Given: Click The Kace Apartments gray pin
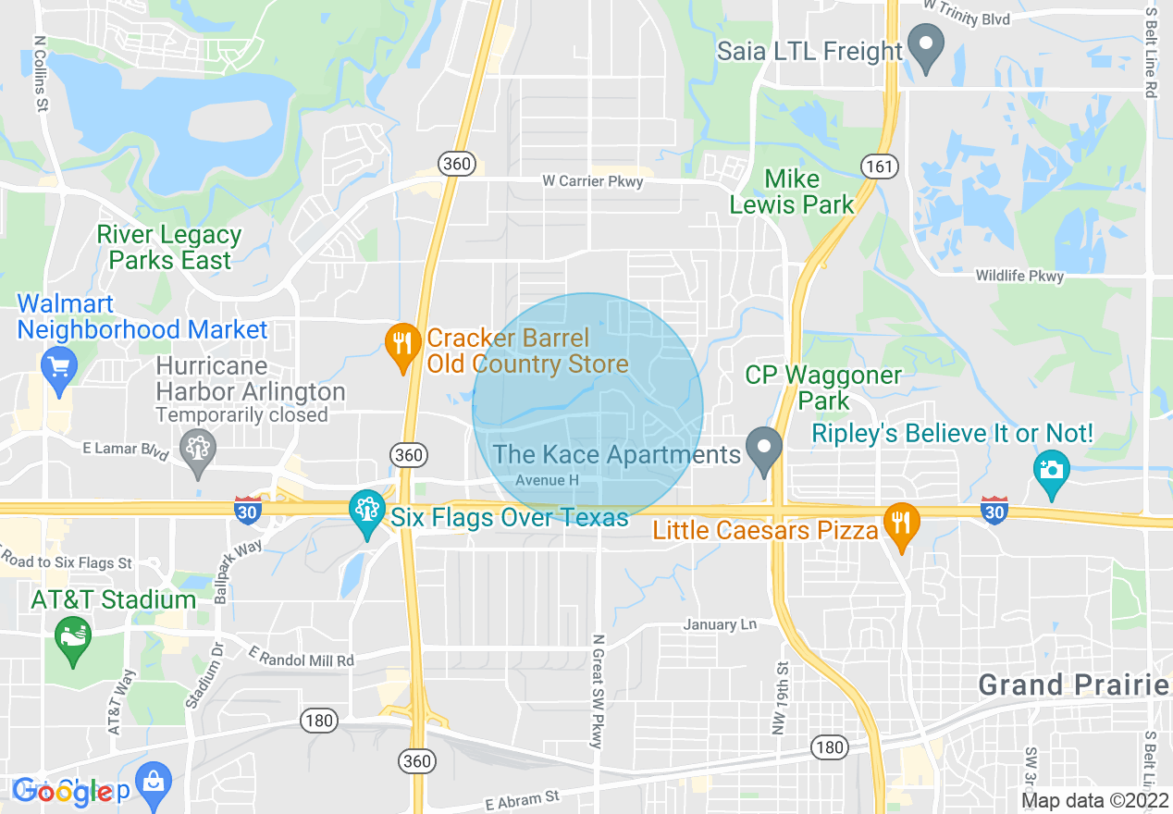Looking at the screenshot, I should point(764,450).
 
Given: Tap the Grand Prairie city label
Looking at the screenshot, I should point(1074,685).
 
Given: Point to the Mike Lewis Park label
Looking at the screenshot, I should point(792,191).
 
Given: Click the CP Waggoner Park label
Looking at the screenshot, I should point(823,388).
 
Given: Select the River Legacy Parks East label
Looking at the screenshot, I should point(169,248).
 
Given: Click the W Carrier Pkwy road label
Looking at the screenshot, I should point(592,182).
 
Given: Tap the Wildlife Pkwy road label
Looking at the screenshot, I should point(1019,276).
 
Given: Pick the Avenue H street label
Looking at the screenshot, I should point(547,481).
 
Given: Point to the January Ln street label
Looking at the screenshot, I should point(720,625).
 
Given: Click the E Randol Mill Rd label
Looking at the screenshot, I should point(302,657).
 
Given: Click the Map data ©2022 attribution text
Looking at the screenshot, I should point(1093,800).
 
